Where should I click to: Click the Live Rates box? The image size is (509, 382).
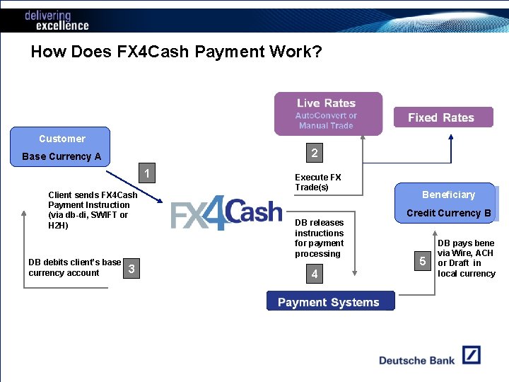pyautogui.click(x=328, y=113)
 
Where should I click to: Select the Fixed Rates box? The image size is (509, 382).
pyautogui.click(x=443, y=117)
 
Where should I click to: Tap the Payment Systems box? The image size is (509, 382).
pyautogui.click(x=330, y=301)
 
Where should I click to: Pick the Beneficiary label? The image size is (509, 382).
pyautogui.click(x=448, y=195)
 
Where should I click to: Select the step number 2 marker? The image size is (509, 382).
pyautogui.click(x=315, y=153)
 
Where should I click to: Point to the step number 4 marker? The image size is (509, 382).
pyautogui.click(x=315, y=274)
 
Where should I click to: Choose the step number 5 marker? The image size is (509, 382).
pyautogui.click(x=422, y=262)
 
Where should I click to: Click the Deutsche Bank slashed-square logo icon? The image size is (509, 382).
pyautogui.click(x=472, y=355)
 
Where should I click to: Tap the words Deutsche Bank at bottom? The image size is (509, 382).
pyautogui.click(x=416, y=360)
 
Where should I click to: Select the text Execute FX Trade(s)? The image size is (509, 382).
pyautogui.click(x=317, y=182)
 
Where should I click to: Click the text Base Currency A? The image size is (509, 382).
pyautogui.click(x=62, y=156)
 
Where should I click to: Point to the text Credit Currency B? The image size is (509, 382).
pyautogui.click(x=448, y=213)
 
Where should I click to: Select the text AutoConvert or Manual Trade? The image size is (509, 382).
pyautogui.click(x=326, y=120)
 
